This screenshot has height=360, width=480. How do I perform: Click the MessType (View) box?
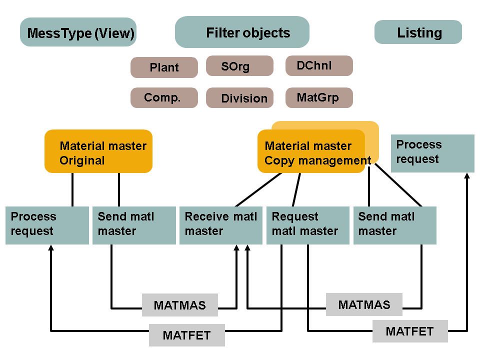78,32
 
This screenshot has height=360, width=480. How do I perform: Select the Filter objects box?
242,32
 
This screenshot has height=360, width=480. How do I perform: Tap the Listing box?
418,32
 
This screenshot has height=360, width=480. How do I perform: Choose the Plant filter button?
164,67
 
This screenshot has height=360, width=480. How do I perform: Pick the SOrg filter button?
239,66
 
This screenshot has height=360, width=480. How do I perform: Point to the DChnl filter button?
319,65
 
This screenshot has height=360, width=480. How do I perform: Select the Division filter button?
239,98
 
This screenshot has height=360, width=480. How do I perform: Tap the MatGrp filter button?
319,97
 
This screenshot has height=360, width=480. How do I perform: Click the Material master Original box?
98,151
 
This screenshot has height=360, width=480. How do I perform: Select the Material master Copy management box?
311,151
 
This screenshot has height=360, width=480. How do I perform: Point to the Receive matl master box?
220,225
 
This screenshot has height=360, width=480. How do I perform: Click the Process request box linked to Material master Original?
47,225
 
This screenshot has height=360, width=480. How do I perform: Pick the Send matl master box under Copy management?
394,225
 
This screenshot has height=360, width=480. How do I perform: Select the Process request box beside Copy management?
432,153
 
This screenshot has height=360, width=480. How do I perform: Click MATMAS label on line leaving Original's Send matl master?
180,305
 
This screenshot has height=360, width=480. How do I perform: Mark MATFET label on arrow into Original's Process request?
187,335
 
